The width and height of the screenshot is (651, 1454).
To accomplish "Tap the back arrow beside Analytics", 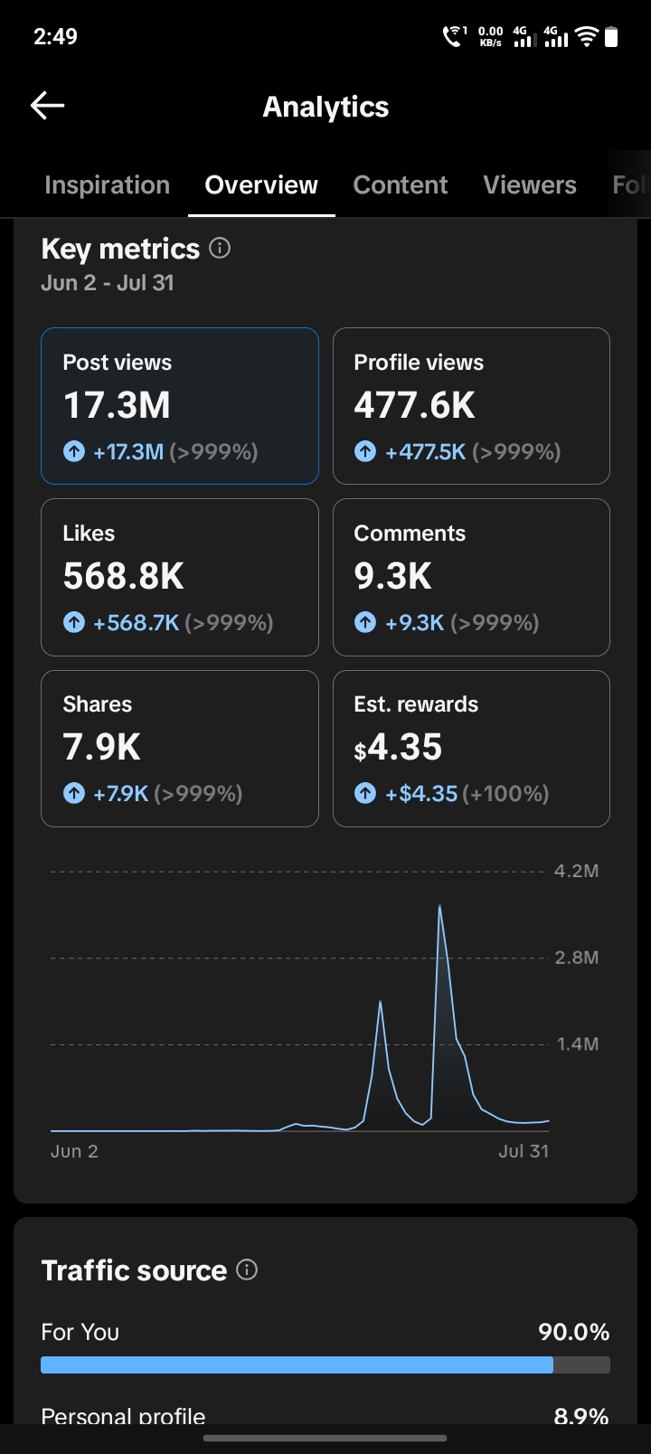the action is click(x=47, y=105).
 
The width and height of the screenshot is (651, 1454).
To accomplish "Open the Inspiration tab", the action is click(x=107, y=185).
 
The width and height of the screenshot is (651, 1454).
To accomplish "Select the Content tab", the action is click(x=401, y=185).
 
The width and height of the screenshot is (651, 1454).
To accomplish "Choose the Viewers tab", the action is click(x=530, y=185).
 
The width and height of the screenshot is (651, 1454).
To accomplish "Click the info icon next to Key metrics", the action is click(x=220, y=248).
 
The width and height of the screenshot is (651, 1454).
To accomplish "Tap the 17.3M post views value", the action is click(x=117, y=405).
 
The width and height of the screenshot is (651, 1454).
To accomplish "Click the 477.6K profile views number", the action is click(x=414, y=405).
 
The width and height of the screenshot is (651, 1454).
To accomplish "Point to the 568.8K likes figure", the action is click(x=123, y=576).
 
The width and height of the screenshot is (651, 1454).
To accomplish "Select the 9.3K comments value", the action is click(x=392, y=576).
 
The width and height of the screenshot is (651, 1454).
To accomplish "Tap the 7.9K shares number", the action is click(x=101, y=747).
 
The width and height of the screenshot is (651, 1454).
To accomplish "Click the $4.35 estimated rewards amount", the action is click(x=398, y=747).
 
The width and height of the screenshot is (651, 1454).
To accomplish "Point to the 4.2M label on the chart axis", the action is click(x=576, y=871).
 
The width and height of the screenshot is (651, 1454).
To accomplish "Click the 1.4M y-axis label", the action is click(x=578, y=1044).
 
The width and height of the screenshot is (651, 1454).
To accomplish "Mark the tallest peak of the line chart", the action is click(x=440, y=905).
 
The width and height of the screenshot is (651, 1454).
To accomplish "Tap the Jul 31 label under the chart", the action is click(x=524, y=1151).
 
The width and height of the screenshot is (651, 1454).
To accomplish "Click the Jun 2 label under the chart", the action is click(x=75, y=1151).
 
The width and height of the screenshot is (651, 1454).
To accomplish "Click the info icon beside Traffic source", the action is click(x=247, y=1270).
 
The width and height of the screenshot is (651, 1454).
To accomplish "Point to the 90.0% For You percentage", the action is click(x=574, y=1333).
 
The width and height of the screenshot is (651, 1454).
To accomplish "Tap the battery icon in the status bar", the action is click(x=610, y=36).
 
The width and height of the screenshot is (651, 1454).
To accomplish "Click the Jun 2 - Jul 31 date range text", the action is click(x=108, y=283).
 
